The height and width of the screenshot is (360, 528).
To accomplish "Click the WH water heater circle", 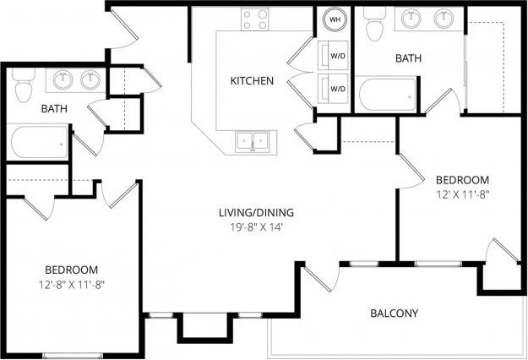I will point(335,19).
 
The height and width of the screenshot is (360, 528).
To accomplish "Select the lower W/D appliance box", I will point(336,88).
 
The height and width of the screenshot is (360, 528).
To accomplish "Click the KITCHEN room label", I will point(252,81).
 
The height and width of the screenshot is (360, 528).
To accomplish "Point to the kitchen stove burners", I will point(253,19).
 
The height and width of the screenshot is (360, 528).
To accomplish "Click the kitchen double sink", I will point(253,140).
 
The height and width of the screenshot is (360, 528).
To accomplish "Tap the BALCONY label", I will point(395,314).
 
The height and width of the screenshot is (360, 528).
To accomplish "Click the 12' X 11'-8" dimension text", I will point(462,195).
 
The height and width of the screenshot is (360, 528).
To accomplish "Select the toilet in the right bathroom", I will point(375,27).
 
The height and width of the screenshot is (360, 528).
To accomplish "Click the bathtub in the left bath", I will point(40,142).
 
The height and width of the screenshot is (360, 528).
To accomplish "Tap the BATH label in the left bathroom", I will point(55,108).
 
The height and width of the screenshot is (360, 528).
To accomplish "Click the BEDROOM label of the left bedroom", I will point(70,269).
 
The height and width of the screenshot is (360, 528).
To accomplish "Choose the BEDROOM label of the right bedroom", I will point(462,180).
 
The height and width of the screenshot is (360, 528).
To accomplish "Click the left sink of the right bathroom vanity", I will point(412,19).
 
